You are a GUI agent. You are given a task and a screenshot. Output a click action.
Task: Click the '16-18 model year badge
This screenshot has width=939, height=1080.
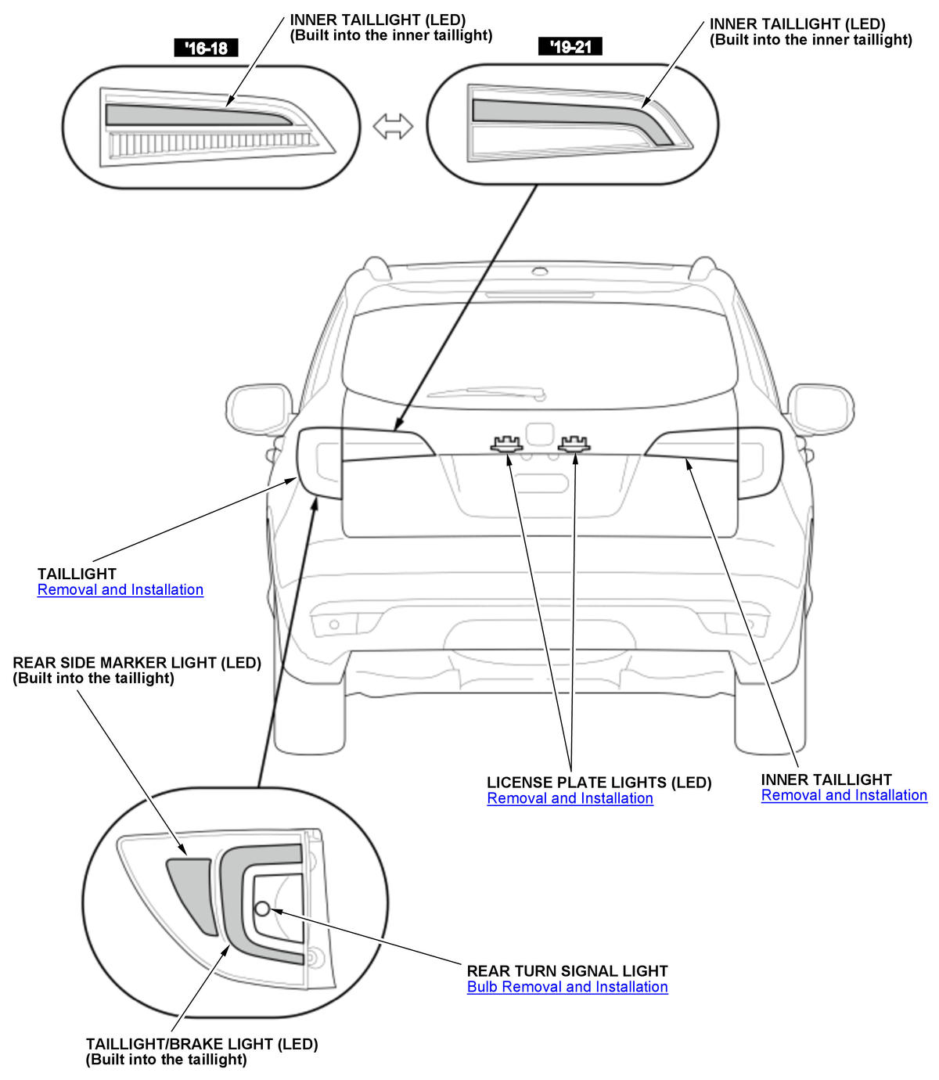(x=206, y=48)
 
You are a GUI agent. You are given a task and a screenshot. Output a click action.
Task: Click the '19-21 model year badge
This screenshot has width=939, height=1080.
(x=570, y=47)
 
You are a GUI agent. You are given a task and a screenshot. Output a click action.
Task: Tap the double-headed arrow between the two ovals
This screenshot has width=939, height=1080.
(x=393, y=126)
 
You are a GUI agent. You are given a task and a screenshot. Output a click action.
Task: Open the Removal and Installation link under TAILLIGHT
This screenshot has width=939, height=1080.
(x=121, y=590)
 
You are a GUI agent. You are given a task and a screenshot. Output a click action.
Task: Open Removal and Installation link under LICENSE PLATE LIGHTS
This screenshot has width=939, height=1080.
(x=570, y=798)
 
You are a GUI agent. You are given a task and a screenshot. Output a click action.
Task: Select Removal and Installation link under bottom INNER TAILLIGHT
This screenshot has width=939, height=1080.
(x=844, y=795)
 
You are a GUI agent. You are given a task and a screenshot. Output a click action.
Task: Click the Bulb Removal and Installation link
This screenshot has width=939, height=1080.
(x=567, y=987)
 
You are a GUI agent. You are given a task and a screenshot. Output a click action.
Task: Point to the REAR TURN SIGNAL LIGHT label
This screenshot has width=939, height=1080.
(x=567, y=971)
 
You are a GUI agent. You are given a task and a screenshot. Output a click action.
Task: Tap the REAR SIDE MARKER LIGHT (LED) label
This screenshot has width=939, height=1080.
(x=137, y=663)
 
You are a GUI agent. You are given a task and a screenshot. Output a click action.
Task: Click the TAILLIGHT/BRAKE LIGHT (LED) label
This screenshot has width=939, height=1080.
(x=202, y=1044)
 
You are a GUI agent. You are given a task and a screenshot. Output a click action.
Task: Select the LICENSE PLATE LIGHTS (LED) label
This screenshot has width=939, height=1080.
(x=599, y=783)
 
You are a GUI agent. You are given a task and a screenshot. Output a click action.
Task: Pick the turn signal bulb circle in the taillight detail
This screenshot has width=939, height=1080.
(x=263, y=908)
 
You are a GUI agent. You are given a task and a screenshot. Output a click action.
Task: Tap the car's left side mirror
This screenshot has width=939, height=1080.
(x=259, y=408)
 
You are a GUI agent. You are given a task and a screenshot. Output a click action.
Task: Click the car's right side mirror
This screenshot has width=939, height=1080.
(x=820, y=408)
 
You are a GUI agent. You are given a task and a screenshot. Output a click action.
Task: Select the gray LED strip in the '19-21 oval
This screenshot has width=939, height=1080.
(x=563, y=113)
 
